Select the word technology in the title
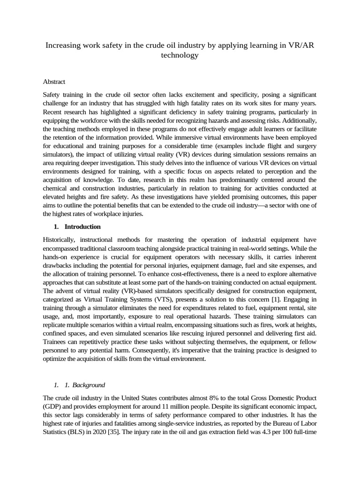click(180, 55)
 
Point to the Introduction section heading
click(82, 226)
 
